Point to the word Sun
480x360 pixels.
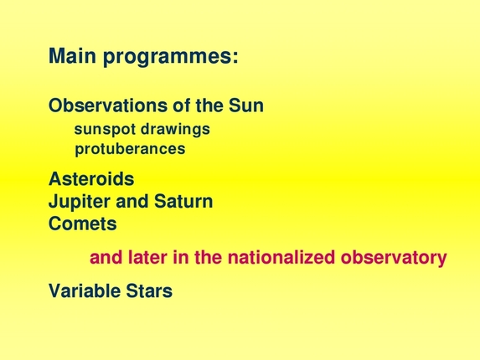[x=246, y=106]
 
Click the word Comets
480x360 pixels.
[x=82, y=224]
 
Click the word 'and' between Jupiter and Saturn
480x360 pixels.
[x=132, y=202]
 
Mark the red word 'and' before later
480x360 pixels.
[x=105, y=258]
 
